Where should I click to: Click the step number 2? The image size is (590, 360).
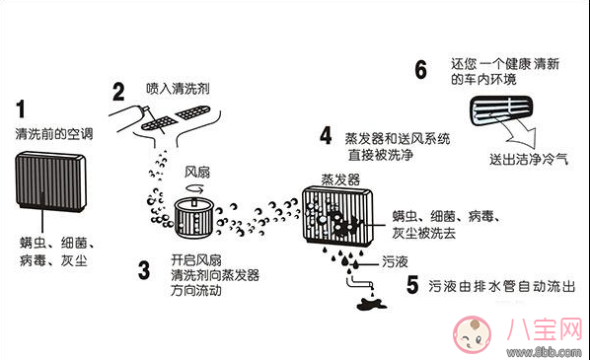click(x=118, y=93)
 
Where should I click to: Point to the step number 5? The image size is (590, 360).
click(x=411, y=285)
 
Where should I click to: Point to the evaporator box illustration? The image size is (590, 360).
click(x=338, y=219)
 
